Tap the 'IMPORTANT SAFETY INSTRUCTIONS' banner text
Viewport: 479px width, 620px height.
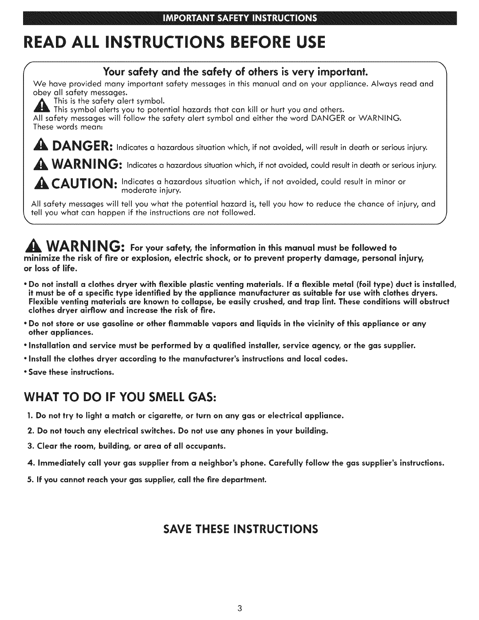[x=240, y=18]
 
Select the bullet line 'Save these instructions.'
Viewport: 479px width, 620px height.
[x=71, y=372]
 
